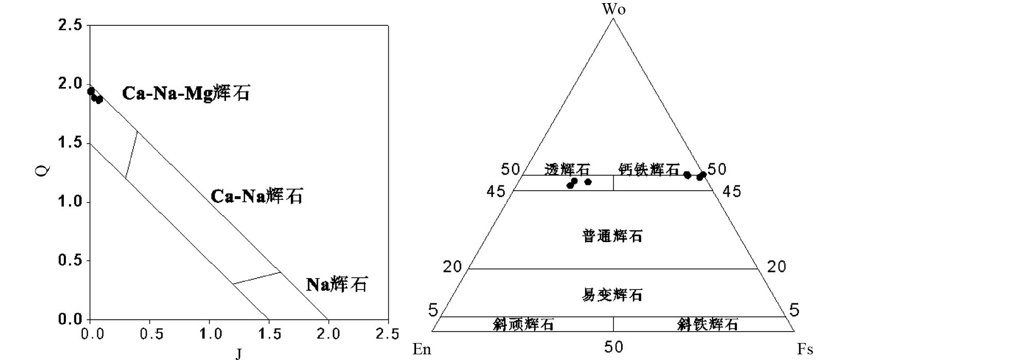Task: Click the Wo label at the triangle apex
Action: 614,9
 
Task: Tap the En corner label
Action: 421,350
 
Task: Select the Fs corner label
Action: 805,350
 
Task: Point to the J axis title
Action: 238,353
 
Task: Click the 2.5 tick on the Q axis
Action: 70,25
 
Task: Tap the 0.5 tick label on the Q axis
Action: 70,261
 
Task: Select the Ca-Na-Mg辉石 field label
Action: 185,93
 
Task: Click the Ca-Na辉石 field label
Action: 256,196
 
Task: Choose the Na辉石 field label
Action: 337,284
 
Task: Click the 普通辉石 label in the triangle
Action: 612,236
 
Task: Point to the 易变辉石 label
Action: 612,295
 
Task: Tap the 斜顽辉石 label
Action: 523,324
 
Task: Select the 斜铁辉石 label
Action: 708,324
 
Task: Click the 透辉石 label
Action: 567,169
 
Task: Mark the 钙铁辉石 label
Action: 649,169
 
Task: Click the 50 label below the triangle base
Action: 613,347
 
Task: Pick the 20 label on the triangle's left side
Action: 453,267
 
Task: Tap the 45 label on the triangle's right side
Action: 732,192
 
